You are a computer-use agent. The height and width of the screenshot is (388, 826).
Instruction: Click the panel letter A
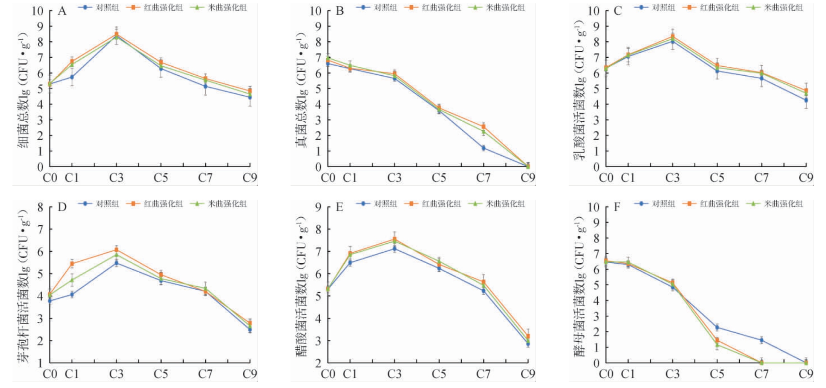coord(62,11)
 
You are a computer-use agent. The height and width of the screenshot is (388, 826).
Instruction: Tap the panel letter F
coord(617,207)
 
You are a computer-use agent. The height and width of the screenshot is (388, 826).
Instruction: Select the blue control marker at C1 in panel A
coord(72,77)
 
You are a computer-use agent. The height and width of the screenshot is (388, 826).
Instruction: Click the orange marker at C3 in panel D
coord(116,250)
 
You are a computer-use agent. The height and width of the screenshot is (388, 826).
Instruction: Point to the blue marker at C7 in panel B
coord(483,148)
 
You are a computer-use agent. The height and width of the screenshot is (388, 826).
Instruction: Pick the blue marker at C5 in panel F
coord(717,327)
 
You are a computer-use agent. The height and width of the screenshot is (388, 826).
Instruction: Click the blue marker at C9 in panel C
coord(806,100)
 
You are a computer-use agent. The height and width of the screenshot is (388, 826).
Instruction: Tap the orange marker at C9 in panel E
coord(528,336)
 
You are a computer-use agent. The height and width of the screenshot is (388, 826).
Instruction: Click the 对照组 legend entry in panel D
coord(100,204)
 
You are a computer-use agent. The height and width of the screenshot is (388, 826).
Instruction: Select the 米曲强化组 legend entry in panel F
coord(777,204)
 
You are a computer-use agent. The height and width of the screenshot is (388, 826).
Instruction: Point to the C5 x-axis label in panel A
coord(161,177)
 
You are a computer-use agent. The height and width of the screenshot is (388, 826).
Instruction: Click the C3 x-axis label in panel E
coord(394,374)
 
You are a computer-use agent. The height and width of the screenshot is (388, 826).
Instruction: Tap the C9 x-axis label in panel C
coord(806,177)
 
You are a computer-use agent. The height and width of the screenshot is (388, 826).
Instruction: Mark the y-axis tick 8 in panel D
coord(40,207)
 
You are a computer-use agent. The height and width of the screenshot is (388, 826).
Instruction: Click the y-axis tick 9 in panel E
coord(318,207)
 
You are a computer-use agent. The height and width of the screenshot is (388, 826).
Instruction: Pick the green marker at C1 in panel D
coord(72,280)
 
